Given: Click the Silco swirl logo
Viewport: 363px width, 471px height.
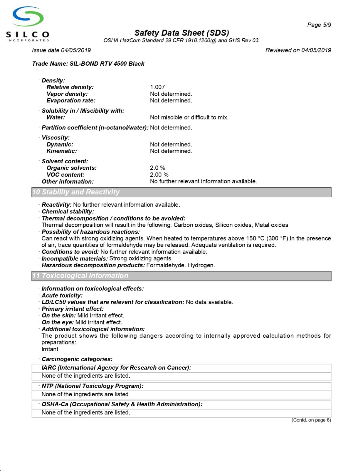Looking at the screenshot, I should [x=28, y=17].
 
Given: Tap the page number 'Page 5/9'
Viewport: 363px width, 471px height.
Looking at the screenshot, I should [x=319, y=25].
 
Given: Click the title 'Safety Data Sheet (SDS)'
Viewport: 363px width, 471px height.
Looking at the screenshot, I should [x=181, y=33].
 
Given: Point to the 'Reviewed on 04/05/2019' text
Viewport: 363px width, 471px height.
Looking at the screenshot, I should [x=298, y=50].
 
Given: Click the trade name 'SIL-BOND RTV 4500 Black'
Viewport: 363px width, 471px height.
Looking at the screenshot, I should [x=107, y=64].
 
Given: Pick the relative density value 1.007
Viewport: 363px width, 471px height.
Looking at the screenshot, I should [x=157, y=87].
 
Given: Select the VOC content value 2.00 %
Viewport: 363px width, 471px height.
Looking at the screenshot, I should [x=159, y=175].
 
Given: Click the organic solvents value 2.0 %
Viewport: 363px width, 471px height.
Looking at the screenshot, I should [x=157, y=168].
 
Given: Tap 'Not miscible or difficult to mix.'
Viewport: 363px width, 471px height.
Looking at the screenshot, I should [x=189, y=117].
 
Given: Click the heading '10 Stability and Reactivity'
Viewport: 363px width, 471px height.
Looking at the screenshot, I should [x=76, y=192].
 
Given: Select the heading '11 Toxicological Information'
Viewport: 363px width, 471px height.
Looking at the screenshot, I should [x=80, y=276].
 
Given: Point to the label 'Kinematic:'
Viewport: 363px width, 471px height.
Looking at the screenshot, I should [x=62, y=151].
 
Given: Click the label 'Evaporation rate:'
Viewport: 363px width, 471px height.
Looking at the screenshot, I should [x=71, y=101].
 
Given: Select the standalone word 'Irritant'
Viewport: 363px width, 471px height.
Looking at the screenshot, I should [x=50, y=349].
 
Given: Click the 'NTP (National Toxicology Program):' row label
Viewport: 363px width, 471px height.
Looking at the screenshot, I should [x=93, y=386].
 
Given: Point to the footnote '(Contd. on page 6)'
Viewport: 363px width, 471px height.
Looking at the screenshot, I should [x=311, y=420].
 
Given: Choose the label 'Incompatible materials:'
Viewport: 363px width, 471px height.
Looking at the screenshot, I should [x=75, y=258].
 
